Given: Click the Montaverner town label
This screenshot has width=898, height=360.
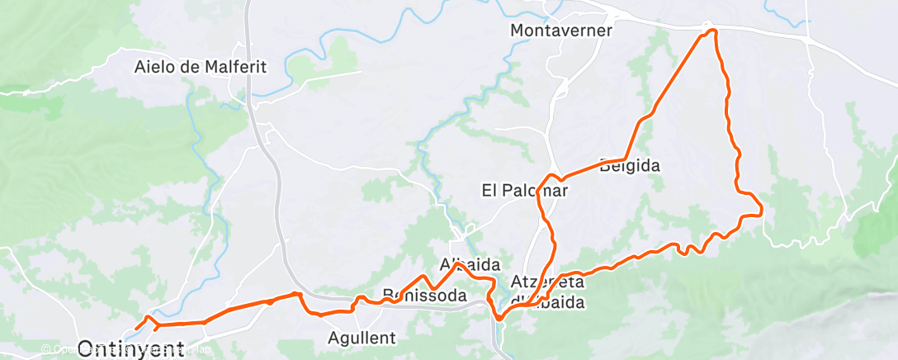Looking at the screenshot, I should (561, 31).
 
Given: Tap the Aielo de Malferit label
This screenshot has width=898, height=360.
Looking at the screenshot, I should (201, 68).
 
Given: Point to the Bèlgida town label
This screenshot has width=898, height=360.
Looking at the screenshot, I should (631, 166).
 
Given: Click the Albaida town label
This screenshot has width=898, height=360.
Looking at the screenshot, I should (470, 266).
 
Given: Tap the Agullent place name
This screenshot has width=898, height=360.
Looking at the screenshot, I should (362, 338).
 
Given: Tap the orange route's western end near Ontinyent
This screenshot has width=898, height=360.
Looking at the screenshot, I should (136, 329).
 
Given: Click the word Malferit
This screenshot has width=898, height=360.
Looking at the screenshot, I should (237, 68).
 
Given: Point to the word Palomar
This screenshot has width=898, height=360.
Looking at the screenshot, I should (536, 191).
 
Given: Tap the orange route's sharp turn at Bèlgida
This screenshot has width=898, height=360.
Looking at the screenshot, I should (625, 159).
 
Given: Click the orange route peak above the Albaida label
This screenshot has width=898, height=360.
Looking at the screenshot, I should (458, 263).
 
